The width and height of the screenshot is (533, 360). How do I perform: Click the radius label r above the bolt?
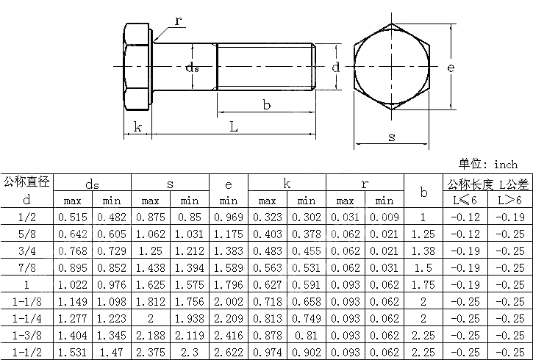178,20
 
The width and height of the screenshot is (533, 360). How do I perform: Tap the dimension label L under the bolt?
233,127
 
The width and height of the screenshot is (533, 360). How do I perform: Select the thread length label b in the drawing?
267,105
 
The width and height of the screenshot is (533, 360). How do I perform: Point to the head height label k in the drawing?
137,127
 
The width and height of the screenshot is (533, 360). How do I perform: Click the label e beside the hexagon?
451,68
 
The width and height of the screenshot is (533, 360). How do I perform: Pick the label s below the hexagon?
391,137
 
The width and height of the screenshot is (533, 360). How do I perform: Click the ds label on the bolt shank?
192,68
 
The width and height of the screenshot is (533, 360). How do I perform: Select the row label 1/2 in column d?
26,217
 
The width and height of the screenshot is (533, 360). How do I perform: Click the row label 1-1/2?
26,352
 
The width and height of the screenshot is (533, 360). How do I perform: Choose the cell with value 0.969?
229,217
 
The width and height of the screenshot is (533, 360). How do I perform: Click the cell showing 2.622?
229,352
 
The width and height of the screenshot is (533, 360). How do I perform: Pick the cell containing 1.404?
72,335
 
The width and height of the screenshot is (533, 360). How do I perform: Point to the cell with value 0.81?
306,335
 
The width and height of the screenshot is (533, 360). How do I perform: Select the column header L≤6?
464,200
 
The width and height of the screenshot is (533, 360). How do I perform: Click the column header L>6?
509,200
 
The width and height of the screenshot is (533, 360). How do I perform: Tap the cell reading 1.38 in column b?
423,251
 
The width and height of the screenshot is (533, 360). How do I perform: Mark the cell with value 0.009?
384,217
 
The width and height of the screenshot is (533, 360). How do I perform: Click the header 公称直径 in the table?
26,181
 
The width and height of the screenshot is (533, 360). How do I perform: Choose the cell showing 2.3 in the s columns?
190,352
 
